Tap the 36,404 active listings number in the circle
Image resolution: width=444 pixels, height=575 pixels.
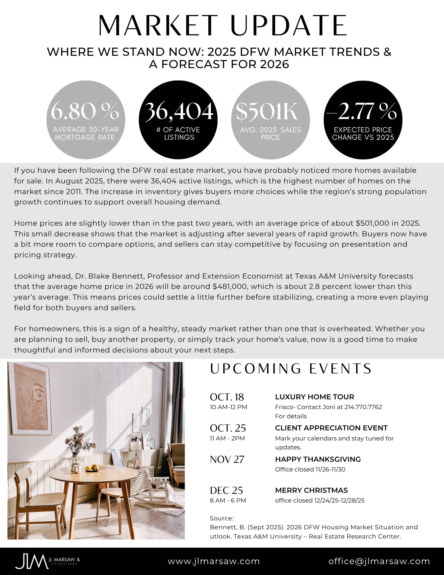coord(179,111)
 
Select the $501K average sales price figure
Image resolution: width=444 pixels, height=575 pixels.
coord(267,111)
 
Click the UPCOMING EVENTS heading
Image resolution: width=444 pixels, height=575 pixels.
coord(291,369)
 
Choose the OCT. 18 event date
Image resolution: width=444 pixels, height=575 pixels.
coord(227,397)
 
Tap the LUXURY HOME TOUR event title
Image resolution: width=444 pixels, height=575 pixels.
coord(314,397)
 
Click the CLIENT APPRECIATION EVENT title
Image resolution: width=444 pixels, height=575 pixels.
coord(331,428)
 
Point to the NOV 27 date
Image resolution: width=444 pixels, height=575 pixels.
coord(227,459)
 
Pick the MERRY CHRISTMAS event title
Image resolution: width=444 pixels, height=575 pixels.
coord(311,490)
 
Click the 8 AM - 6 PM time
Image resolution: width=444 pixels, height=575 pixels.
coord(228,501)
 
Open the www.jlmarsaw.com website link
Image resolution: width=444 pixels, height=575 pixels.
coord(214,561)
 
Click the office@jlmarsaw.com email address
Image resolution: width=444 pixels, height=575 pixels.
coord(379,561)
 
